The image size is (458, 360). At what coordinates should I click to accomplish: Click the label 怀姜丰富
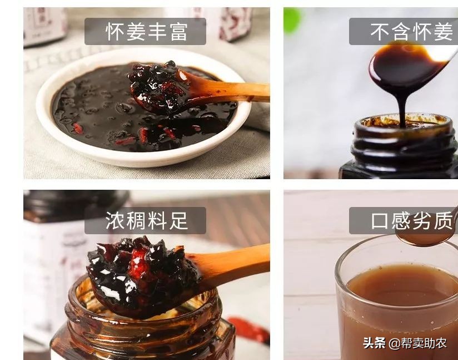click(x=145, y=32)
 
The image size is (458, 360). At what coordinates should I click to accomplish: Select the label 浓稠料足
click(x=145, y=221)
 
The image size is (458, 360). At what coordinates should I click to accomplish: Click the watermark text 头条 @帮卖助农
click(x=405, y=343)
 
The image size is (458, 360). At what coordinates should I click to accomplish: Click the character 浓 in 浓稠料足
click(x=114, y=221)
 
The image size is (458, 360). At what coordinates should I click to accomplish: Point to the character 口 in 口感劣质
click(x=380, y=221)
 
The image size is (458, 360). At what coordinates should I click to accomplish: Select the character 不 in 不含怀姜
click(x=380, y=32)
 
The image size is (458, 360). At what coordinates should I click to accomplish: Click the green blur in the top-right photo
click(x=292, y=21)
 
